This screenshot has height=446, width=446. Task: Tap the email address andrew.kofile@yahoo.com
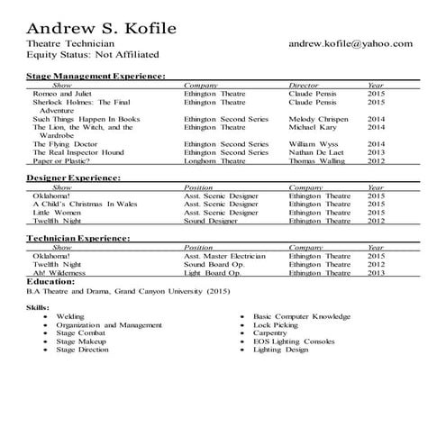click(350, 43)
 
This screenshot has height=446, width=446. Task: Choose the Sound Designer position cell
click(211, 220)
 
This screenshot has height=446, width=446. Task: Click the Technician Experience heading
click(78, 238)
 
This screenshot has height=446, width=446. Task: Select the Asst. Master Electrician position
click(224, 255)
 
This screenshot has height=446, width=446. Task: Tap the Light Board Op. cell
click(213, 272)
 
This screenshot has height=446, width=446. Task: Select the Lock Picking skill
click(281, 324)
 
